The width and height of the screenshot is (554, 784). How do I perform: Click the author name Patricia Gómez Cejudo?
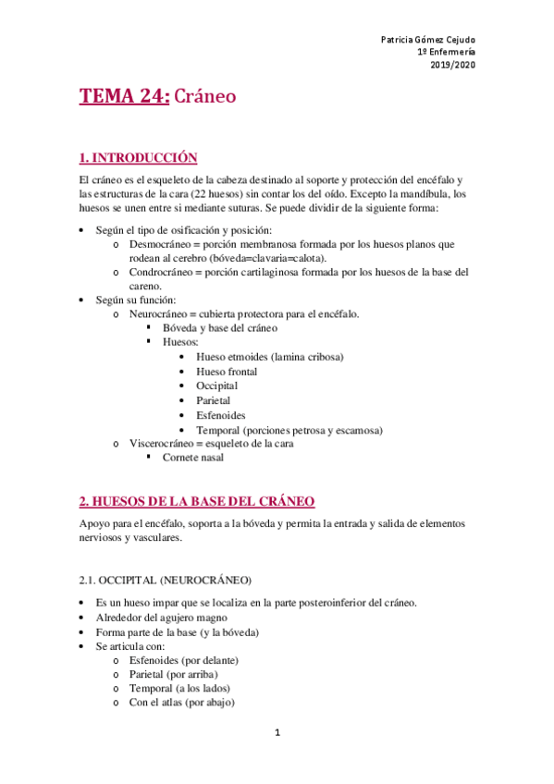coord(428,41)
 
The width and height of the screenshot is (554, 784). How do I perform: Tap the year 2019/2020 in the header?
coord(453,66)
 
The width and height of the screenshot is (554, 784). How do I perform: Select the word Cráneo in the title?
coord(204,98)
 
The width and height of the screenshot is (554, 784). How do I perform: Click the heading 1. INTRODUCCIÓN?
coord(139,157)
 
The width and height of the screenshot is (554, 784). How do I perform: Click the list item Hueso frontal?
coord(227,372)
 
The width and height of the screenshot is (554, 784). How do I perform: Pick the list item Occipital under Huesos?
coord(216,386)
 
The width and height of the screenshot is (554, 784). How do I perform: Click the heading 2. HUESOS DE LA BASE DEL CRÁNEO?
coord(197,501)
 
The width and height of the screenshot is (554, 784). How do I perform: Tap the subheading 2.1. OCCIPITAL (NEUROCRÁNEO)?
coord(165,580)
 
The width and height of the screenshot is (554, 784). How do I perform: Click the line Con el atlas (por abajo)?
coord(181,703)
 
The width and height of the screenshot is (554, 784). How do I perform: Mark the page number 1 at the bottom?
coord(277,733)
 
